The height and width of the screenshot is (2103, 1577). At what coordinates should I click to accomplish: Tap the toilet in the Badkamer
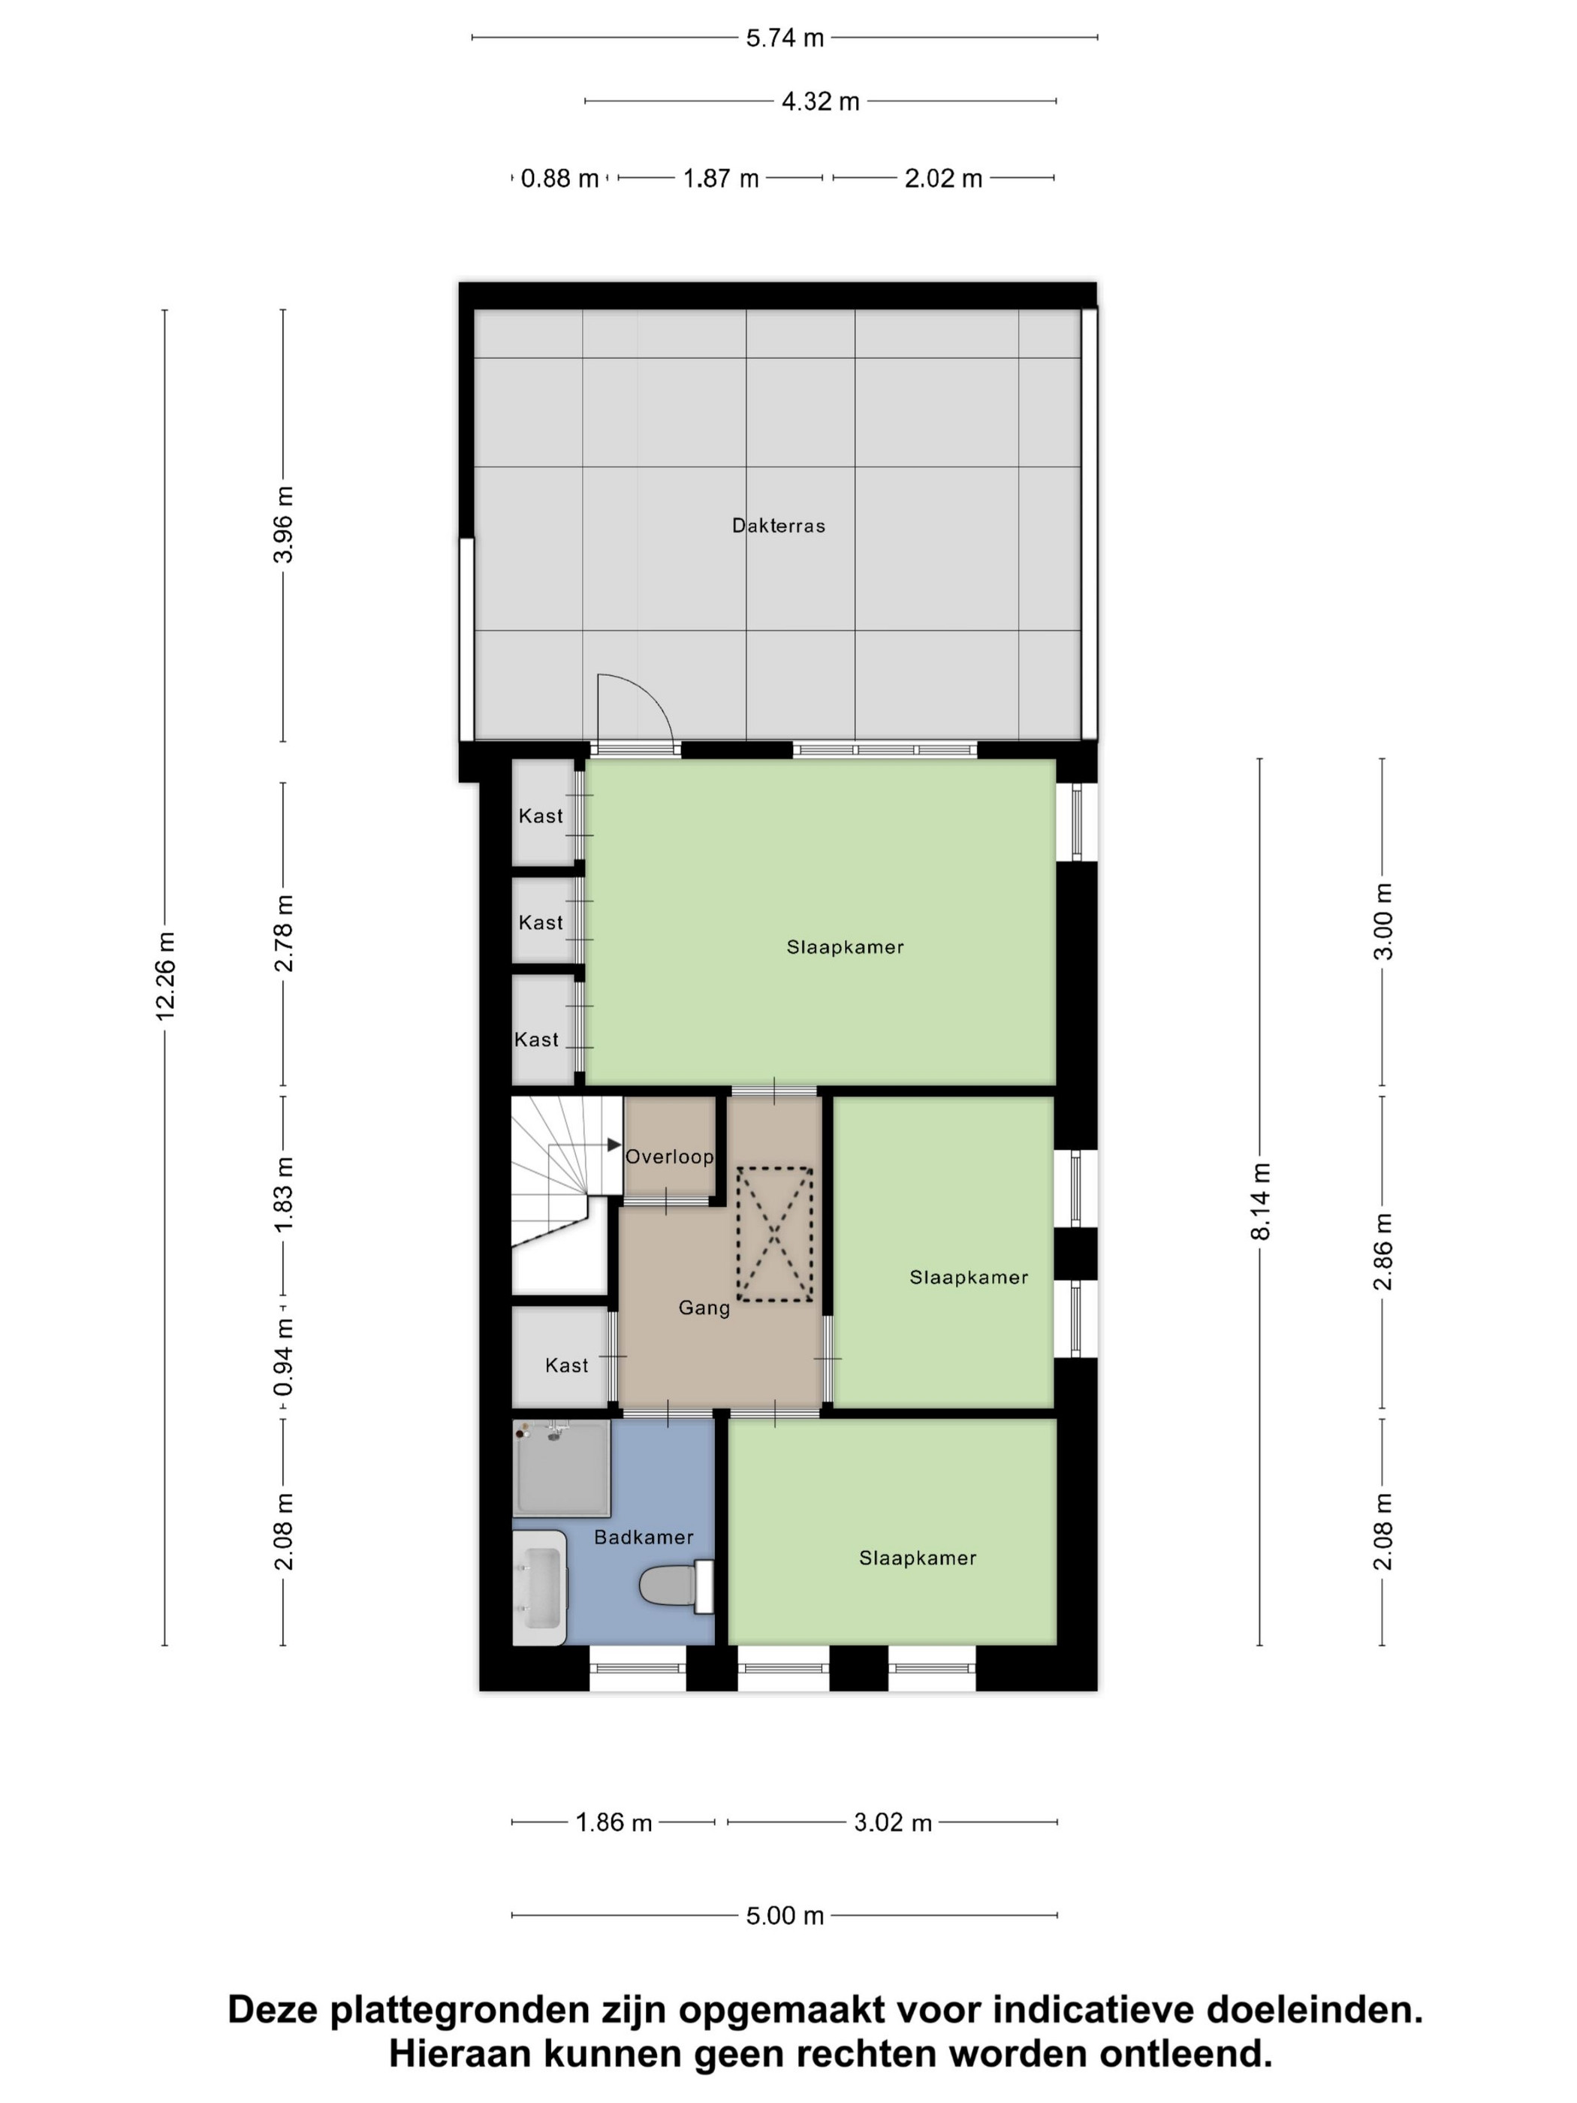(x=676, y=1586)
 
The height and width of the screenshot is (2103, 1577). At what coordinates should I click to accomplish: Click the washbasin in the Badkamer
(x=539, y=1587)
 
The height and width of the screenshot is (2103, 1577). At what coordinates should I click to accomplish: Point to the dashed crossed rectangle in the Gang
(x=775, y=1234)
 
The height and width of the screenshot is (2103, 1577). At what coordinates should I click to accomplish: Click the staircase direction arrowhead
(x=614, y=1145)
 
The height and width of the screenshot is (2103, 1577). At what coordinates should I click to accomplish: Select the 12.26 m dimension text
(x=165, y=976)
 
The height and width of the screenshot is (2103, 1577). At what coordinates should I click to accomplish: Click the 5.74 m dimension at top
(x=784, y=38)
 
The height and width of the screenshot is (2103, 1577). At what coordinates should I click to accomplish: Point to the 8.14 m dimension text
(x=1259, y=1202)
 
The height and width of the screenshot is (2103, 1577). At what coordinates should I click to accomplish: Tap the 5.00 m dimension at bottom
(x=784, y=1916)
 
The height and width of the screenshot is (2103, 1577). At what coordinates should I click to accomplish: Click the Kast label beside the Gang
(x=566, y=1365)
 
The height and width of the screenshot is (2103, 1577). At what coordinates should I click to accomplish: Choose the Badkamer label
(x=644, y=1537)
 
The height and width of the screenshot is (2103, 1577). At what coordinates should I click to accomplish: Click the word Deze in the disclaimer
(x=273, y=2010)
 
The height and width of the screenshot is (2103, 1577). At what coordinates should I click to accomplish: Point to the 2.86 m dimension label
(x=1383, y=1252)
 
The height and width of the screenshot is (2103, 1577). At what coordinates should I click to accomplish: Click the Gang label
(x=704, y=1308)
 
